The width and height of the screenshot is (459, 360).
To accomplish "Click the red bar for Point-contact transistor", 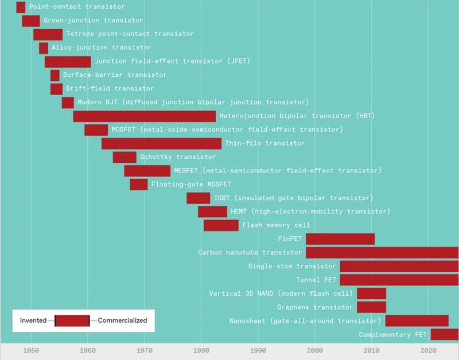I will point(21,7).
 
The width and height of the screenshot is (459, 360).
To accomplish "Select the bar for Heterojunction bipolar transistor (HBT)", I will point(145,116).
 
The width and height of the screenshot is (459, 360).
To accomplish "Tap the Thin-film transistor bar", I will point(161,143).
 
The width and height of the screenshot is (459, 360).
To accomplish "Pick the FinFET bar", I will point(340,239).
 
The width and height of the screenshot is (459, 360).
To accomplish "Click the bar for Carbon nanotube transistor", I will point(382,252).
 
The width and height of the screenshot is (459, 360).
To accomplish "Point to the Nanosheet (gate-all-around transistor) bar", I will point(417,321).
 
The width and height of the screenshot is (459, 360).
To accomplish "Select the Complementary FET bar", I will point(445,335).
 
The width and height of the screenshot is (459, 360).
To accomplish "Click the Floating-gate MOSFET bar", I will point(139,185).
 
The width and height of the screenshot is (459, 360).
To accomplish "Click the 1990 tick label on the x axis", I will point(258,350).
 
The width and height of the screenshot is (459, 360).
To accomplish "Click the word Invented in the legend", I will point(33,320).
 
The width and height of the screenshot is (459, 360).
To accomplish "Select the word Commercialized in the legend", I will point(122,320).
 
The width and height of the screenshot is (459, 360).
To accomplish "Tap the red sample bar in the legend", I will point(72,320).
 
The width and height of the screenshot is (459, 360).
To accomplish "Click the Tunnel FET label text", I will point(316,280).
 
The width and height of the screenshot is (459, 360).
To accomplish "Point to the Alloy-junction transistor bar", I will point(44,48).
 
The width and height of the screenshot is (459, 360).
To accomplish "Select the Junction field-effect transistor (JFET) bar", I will point(68,62).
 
